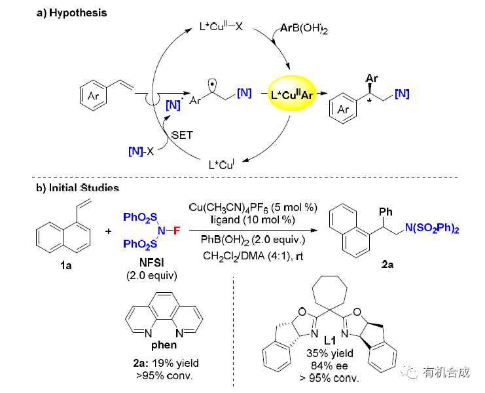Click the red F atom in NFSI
(x=177, y=230)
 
